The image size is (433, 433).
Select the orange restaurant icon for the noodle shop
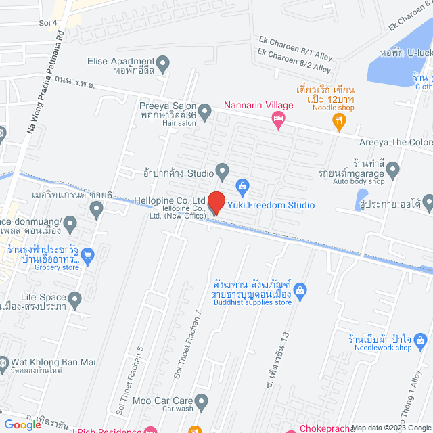pos(340,121)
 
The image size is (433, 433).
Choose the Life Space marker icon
pos(74,298)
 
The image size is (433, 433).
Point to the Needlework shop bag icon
pos(421,338)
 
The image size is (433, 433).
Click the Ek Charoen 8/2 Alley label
pos(294,62)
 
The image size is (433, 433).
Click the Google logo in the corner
pos(26,425)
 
